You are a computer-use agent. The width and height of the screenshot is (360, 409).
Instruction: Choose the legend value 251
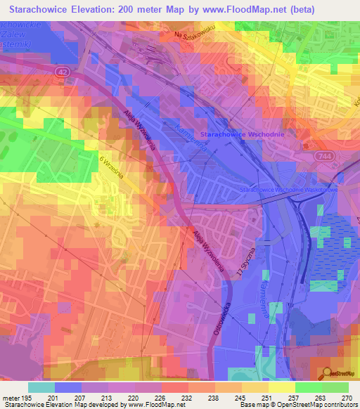266,397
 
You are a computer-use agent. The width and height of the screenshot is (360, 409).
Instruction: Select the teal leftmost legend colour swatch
41,387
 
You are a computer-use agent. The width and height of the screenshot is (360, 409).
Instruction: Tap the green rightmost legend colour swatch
335,387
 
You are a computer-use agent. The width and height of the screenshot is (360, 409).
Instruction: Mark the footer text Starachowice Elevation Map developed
60,405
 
